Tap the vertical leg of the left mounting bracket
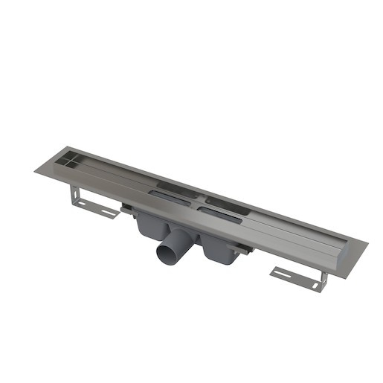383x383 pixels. tap(74, 194)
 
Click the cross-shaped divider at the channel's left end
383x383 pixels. tap(65, 158)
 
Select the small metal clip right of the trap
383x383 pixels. tap(239, 251)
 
